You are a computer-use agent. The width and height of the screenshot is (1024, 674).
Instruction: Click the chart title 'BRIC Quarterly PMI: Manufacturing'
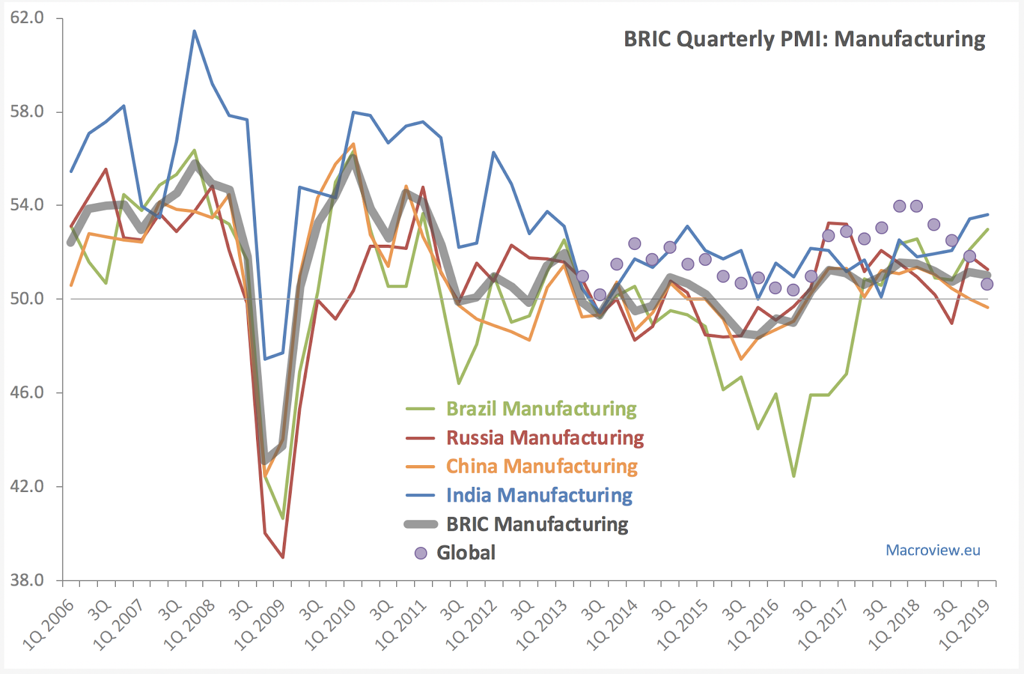(804, 39)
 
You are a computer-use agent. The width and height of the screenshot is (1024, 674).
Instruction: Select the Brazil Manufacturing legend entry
(541, 409)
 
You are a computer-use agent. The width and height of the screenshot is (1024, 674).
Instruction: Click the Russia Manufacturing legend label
(545, 438)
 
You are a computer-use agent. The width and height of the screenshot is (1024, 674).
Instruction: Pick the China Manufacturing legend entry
(541, 466)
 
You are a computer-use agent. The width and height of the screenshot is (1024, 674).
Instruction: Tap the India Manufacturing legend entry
(539, 495)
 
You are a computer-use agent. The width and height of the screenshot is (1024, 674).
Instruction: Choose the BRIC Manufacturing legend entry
(537, 524)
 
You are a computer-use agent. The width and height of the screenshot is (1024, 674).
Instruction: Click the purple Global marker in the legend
(420, 553)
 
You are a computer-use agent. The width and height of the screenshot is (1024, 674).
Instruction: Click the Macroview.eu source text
(932, 550)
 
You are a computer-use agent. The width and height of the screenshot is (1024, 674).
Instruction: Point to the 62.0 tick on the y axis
(28, 18)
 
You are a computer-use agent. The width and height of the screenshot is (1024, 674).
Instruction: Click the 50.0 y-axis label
(28, 299)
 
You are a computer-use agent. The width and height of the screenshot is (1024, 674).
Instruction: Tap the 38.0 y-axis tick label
(28, 580)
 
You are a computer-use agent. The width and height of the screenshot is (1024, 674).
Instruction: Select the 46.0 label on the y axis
(28, 393)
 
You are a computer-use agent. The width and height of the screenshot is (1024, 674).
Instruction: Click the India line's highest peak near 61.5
(195, 31)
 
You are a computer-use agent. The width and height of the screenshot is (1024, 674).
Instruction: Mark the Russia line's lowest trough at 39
(282, 557)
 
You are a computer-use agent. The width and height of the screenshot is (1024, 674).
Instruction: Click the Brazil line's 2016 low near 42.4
(794, 476)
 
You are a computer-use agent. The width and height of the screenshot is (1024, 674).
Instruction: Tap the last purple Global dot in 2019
(986, 284)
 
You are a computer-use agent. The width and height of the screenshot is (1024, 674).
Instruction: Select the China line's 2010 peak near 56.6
(353, 144)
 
